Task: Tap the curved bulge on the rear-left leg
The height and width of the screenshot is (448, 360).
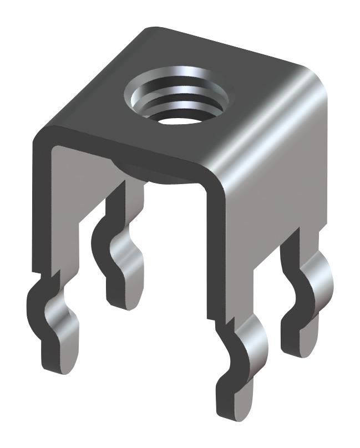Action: point(130,247)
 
